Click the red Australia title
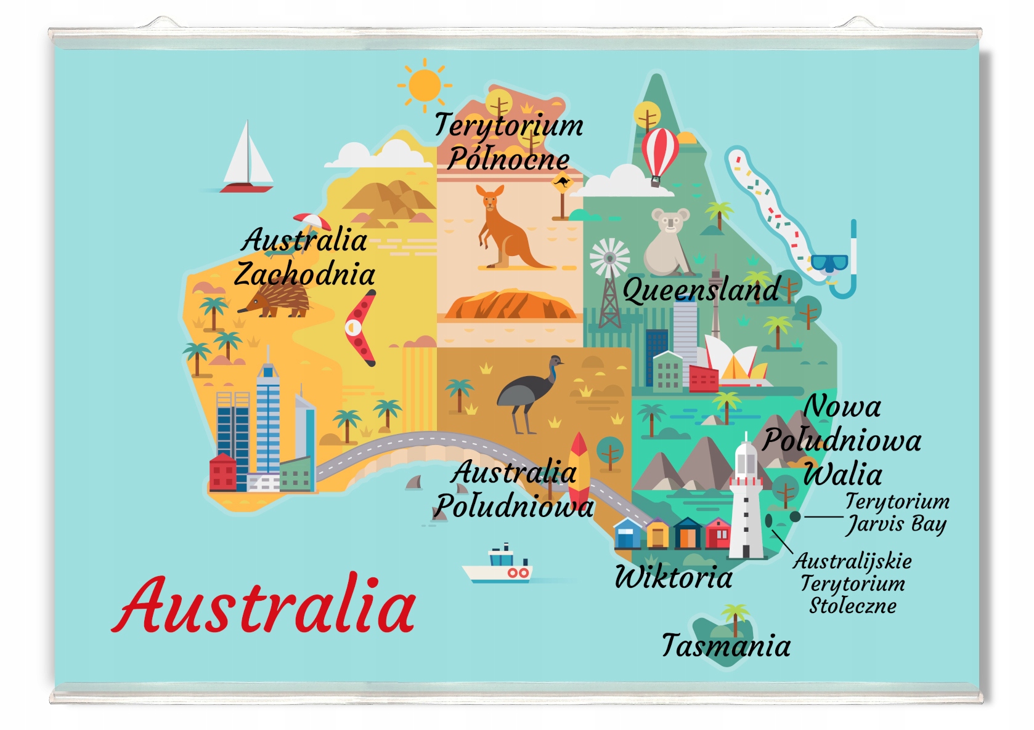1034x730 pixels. (x=265, y=606)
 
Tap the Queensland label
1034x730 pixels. (x=701, y=290)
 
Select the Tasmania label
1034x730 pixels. (x=726, y=646)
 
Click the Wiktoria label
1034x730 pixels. (x=674, y=577)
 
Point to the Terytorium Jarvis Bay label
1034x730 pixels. (x=897, y=513)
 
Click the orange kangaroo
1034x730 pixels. (x=505, y=231)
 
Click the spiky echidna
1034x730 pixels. (x=277, y=302)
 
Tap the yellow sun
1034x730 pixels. (x=424, y=85)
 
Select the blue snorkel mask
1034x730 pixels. (x=830, y=263)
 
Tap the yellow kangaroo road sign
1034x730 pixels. (x=561, y=183)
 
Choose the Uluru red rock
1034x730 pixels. (x=510, y=305)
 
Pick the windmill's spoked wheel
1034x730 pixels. (x=609, y=257)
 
